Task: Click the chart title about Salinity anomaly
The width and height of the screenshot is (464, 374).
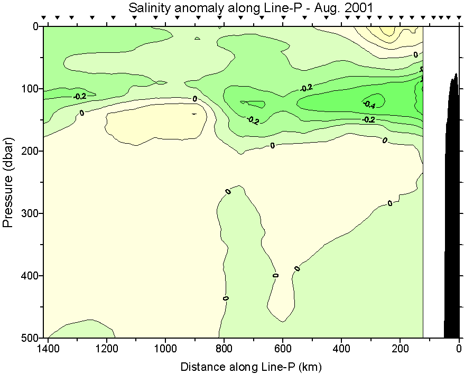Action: [x=250, y=7]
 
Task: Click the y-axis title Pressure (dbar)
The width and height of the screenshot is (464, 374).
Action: [x=7, y=180]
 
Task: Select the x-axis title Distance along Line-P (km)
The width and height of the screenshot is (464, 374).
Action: [x=251, y=366]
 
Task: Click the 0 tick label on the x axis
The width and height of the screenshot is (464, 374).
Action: [x=459, y=349]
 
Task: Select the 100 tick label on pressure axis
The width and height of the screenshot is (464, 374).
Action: [x=31, y=88]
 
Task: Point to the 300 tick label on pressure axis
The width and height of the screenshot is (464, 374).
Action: [x=31, y=213]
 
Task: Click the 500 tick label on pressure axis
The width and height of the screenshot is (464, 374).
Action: [x=31, y=338]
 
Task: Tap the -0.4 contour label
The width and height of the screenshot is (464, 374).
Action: [x=369, y=105]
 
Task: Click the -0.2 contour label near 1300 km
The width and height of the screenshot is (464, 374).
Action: [x=79, y=97]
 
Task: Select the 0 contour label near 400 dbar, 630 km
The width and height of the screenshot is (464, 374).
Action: [x=275, y=275]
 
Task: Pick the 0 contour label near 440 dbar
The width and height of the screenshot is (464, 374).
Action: [x=226, y=298]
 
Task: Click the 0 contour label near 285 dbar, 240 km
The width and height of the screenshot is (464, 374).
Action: [x=390, y=203]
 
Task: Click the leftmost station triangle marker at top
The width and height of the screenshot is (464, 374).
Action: [x=44, y=18]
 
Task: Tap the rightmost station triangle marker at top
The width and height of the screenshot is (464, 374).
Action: [x=458, y=18]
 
